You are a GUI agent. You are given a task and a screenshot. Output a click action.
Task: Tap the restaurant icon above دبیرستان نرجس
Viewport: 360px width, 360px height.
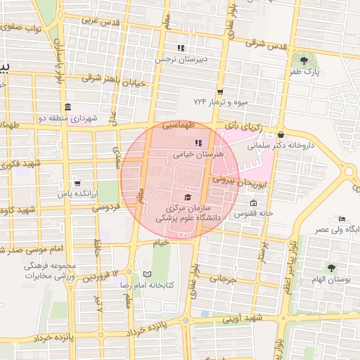181,48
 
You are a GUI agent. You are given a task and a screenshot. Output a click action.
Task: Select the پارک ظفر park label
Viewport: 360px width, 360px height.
306,71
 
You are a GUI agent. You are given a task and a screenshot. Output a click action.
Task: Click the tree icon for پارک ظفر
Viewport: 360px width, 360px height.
304,60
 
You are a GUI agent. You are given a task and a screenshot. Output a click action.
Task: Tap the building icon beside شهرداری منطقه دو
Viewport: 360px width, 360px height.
67,107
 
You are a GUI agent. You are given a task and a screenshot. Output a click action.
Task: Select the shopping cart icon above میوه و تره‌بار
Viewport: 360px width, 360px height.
220,91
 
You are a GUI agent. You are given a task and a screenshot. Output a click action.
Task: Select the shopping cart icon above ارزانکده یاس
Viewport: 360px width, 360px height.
77,182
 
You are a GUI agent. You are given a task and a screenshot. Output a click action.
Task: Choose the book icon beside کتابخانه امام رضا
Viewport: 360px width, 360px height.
147,274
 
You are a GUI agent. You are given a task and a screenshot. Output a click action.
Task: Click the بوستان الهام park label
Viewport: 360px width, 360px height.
330,279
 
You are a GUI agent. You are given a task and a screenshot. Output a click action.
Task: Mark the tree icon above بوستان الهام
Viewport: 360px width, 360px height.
330,267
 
